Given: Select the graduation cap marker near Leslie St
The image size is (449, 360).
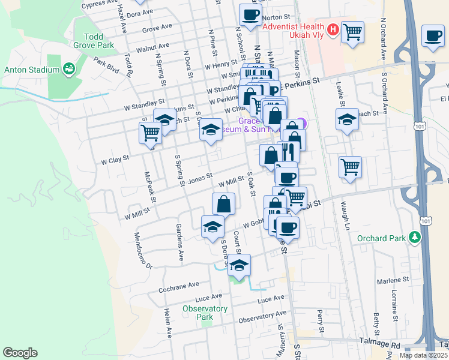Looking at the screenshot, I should coord(346,119).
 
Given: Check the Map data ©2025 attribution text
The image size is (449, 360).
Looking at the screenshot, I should coord(423,355).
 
